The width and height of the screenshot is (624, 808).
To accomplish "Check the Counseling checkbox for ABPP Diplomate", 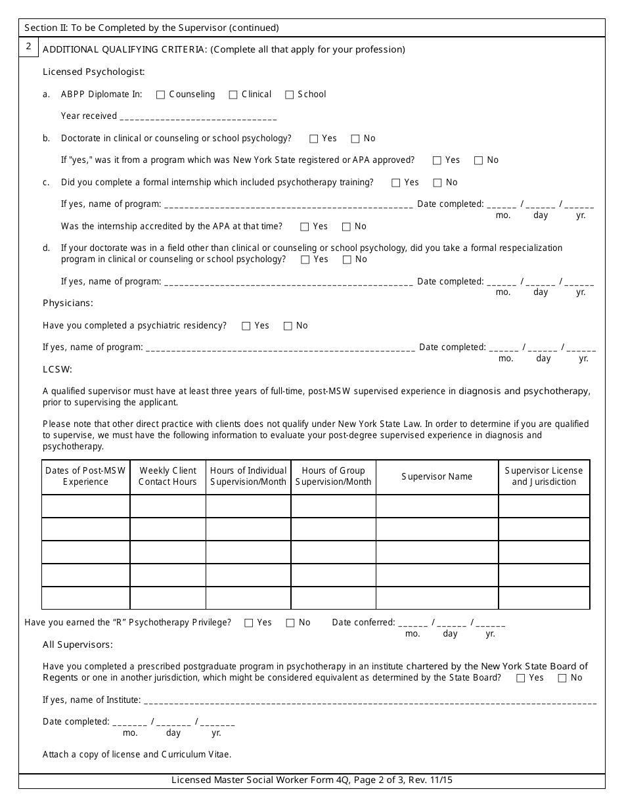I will click(160, 95).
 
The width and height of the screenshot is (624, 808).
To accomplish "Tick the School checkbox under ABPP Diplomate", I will click(289, 95).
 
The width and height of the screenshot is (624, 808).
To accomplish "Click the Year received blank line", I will click(198, 117).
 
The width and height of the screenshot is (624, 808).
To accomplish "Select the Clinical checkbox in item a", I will click(233, 95).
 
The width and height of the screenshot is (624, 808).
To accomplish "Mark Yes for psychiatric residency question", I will click(246, 326).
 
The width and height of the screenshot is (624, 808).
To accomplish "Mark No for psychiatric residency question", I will click(288, 326).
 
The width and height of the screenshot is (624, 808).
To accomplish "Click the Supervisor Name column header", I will click(437, 477).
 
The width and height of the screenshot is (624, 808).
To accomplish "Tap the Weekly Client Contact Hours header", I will click(167, 476).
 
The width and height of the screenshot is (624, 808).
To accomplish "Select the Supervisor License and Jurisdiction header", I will click(544, 476).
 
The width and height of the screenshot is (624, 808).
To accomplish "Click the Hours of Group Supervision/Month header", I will click(333, 476).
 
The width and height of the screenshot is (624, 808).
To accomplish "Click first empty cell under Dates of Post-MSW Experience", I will click(85, 506).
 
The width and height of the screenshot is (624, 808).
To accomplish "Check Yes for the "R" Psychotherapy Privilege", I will click(249, 623).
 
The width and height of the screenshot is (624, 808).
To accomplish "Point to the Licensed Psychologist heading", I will click(93, 72).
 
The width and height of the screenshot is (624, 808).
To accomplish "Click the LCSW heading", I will click(57, 370).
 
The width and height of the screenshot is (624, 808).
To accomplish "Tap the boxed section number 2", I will click(28, 47).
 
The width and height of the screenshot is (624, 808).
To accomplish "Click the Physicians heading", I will click(68, 303).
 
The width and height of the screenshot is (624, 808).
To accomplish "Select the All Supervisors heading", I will click(78, 644).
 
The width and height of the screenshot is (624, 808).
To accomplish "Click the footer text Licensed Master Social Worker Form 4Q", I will click(311, 780).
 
